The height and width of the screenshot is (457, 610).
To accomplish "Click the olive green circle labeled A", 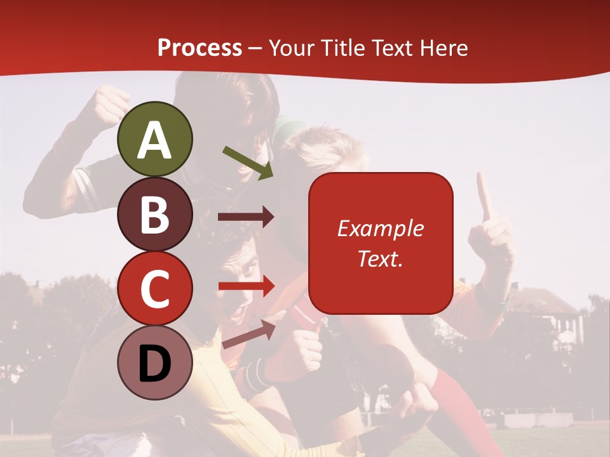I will click(x=155, y=139).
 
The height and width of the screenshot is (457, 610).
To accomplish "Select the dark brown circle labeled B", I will click(x=155, y=214).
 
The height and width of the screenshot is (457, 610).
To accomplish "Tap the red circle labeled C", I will click(x=155, y=288).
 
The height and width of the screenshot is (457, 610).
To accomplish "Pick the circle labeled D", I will click(x=155, y=362).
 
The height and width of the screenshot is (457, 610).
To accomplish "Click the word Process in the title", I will click(x=200, y=48).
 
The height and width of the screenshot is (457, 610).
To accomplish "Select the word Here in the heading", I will click(x=444, y=48).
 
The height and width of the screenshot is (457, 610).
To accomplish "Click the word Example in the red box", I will click(x=380, y=228).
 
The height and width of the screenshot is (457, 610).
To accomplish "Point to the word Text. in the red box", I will click(x=380, y=258).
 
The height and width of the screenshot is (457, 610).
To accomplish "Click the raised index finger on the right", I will click(x=485, y=197).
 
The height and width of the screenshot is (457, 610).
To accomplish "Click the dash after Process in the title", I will click(x=255, y=48).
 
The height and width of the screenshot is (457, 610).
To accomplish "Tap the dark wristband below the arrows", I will click(x=255, y=374).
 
